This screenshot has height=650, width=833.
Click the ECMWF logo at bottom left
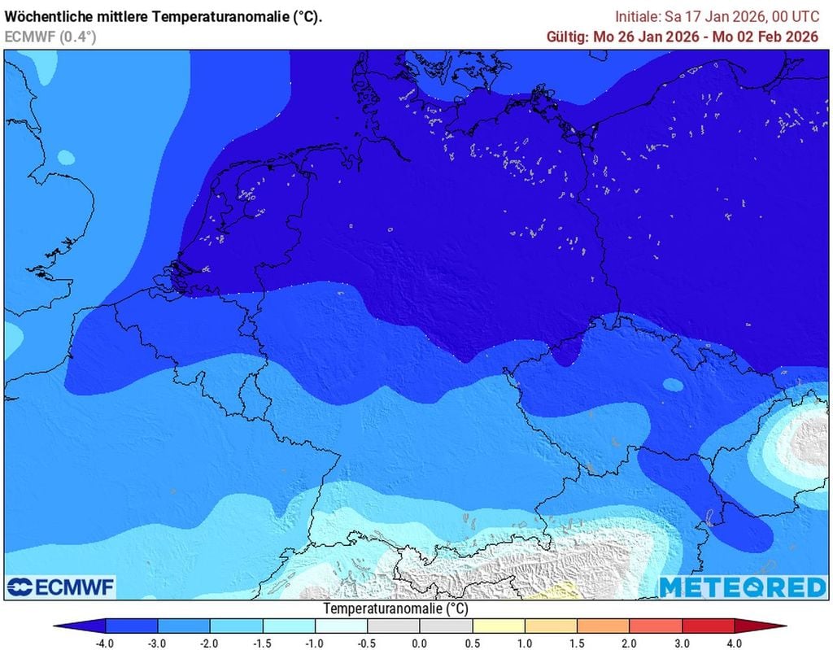(x=61, y=587)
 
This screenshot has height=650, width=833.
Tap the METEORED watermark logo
(x=742, y=587)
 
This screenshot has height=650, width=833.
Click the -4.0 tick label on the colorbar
(x=106, y=643)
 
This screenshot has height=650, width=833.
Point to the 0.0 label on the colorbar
(x=420, y=643)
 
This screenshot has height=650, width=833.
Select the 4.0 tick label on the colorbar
(x=735, y=643)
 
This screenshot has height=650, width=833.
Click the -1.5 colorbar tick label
(x=263, y=643)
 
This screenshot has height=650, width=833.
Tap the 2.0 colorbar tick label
(x=630, y=643)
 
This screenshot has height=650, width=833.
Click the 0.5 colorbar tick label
(x=472, y=643)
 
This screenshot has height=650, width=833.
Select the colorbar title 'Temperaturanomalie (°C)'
(x=395, y=609)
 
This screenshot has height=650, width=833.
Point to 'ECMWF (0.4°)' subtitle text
(x=50, y=36)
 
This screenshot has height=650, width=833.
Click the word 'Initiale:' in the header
(x=639, y=17)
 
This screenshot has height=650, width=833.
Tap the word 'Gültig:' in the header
(x=567, y=37)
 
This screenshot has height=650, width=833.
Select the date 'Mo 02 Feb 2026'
(x=770, y=37)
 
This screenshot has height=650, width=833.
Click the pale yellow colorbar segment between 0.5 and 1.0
(x=499, y=626)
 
